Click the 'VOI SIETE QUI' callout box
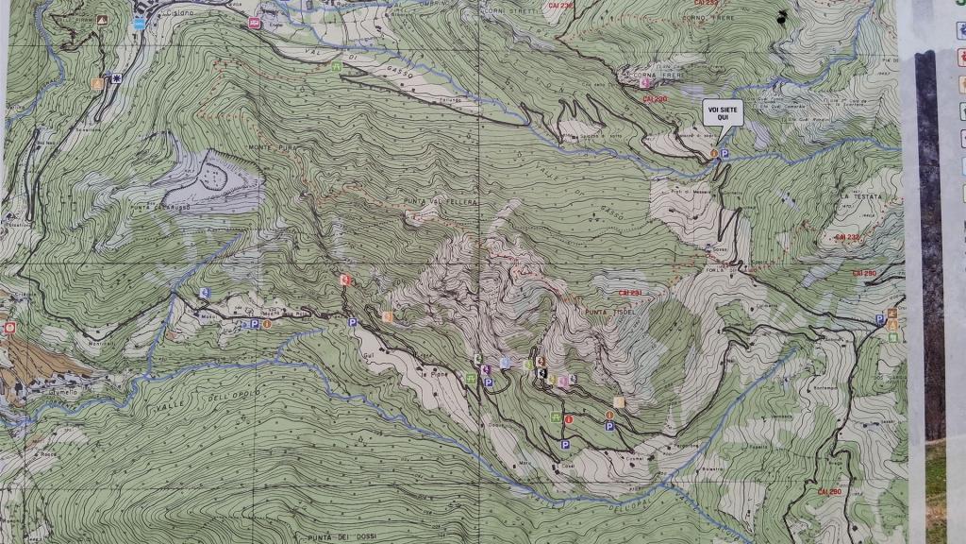point(723,112)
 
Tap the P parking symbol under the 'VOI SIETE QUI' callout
point(724,153)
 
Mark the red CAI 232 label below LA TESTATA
point(847,237)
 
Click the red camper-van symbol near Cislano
point(254,24)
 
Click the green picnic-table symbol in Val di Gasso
point(336,66)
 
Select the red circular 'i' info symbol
point(568,418)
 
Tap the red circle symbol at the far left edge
point(9,328)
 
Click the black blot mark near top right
point(781,16)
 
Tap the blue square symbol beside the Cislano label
point(140,24)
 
